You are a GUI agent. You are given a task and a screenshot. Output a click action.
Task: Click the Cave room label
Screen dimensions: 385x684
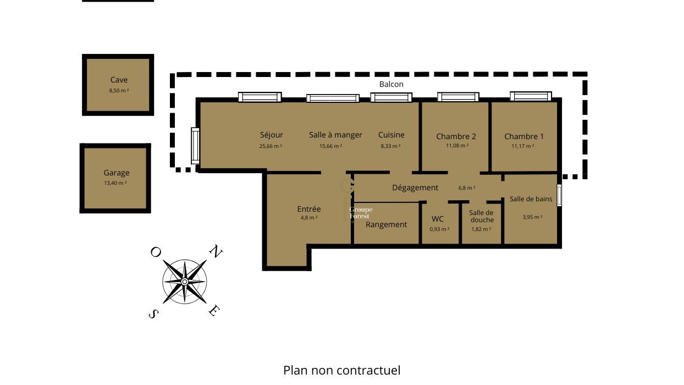click(x=119, y=80)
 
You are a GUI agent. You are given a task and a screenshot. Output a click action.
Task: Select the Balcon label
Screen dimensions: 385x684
click(x=391, y=84)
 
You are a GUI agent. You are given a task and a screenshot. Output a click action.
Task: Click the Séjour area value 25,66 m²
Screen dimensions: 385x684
click(x=271, y=146)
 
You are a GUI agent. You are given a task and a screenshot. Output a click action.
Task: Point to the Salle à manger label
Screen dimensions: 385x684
click(x=335, y=135)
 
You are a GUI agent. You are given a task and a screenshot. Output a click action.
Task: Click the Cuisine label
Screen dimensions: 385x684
click(x=391, y=135)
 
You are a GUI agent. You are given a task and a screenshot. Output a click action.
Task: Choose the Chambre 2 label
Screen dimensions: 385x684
click(x=456, y=136)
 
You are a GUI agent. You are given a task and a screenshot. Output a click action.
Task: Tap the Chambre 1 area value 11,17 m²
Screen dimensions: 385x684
click(x=522, y=146)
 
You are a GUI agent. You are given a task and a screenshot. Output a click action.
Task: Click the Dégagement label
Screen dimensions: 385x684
click(x=415, y=188)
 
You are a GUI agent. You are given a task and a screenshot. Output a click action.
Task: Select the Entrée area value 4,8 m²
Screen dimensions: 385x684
click(x=308, y=218)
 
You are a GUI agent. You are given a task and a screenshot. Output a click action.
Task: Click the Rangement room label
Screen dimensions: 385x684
click(x=386, y=224)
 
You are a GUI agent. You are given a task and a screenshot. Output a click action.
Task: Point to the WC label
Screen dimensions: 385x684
click(x=438, y=219)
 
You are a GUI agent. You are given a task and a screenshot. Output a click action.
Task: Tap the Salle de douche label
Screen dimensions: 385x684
click(x=481, y=216)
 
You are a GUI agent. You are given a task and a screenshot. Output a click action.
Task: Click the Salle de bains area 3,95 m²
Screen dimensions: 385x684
click(x=532, y=217)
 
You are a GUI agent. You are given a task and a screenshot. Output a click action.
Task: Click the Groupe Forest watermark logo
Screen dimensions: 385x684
click(x=361, y=213)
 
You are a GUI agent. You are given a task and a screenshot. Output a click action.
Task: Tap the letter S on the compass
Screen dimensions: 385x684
click(x=154, y=313)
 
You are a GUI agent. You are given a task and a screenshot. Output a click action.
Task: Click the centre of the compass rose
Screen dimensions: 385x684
click(x=185, y=282)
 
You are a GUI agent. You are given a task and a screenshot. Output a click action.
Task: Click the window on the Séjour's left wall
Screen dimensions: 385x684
click(x=195, y=145)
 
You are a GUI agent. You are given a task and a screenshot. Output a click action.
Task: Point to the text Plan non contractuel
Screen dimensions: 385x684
click(x=341, y=370)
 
